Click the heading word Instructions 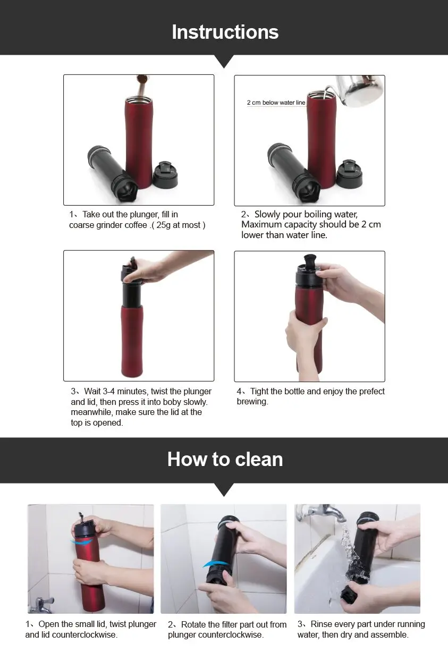click(x=225, y=32)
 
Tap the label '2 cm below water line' click(x=276, y=103)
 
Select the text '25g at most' click(x=179, y=225)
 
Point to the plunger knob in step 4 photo click(x=310, y=260)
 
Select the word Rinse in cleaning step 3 click(x=321, y=624)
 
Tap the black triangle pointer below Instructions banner click(x=224, y=61)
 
